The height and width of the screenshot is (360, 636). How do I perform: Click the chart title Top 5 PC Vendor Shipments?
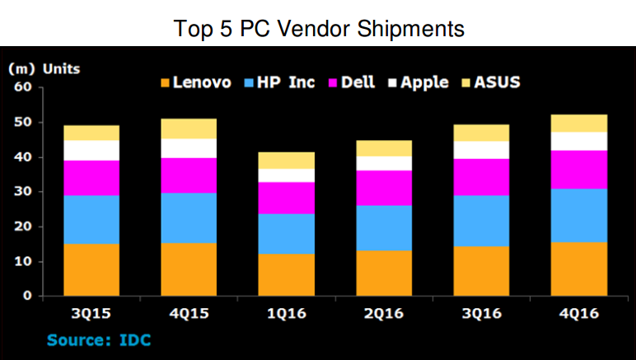(x=319, y=29)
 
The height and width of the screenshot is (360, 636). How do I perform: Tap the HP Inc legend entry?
(x=279, y=82)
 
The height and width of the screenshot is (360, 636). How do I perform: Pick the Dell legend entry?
(x=349, y=82)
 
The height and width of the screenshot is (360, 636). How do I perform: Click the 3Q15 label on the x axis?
(x=92, y=314)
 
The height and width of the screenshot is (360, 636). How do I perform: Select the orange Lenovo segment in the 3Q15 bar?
(x=91, y=270)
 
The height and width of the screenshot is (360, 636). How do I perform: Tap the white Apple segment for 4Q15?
(x=189, y=148)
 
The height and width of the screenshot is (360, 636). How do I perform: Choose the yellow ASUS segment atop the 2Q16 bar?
(x=383, y=147)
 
